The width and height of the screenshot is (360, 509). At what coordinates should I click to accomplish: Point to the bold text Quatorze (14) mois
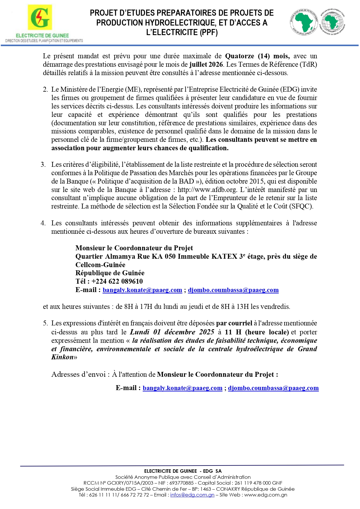[257, 56]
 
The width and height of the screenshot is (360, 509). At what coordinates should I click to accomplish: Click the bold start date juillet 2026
[206, 64]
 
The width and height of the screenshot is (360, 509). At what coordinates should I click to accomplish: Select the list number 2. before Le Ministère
[46, 89]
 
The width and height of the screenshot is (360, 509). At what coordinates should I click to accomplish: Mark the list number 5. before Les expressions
[46, 323]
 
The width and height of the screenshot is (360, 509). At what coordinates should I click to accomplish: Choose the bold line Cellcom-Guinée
[100, 265]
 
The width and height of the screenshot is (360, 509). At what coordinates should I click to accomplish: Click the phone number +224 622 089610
[117, 281]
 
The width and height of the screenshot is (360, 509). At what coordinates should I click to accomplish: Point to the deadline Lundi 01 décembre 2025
[172, 332]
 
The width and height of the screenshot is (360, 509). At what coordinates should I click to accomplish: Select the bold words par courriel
[234, 323]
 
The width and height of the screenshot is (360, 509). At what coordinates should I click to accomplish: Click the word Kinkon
[62, 357]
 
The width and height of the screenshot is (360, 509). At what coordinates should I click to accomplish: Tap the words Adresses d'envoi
[78, 374]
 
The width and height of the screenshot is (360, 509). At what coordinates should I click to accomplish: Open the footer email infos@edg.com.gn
[192, 495]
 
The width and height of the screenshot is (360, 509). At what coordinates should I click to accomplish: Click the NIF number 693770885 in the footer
[181, 483]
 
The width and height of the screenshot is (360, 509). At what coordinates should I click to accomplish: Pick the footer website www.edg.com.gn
[265, 495]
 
